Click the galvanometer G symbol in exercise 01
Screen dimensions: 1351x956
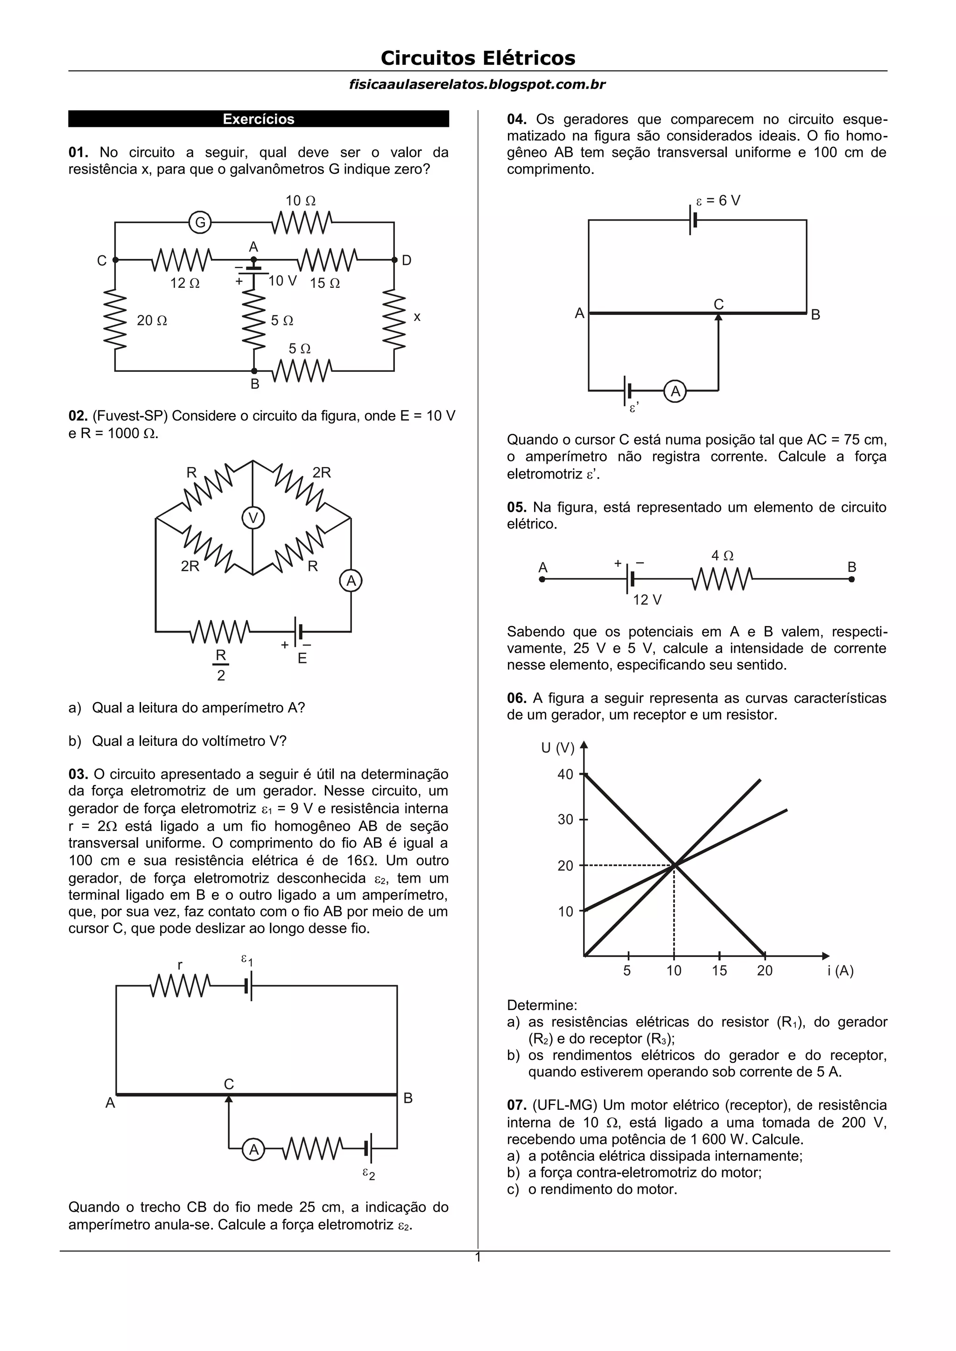(x=200, y=223)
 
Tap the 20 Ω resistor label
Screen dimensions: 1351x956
(x=152, y=320)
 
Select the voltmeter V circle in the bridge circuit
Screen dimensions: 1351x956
(x=253, y=518)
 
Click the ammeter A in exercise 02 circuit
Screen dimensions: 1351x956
(x=351, y=581)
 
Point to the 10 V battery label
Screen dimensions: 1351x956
(x=282, y=281)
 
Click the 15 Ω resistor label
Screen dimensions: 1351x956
(x=325, y=283)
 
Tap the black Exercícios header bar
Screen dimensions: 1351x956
(x=259, y=119)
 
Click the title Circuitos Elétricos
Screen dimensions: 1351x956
(x=478, y=58)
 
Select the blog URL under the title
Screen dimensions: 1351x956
(x=478, y=85)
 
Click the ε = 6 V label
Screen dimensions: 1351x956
(x=718, y=201)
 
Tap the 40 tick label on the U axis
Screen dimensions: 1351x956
(x=565, y=774)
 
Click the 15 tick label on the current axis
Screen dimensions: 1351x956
(x=719, y=970)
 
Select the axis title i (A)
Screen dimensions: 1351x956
(x=840, y=971)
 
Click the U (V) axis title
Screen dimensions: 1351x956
(x=557, y=748)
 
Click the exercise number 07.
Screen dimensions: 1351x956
(x=516, y=1105)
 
